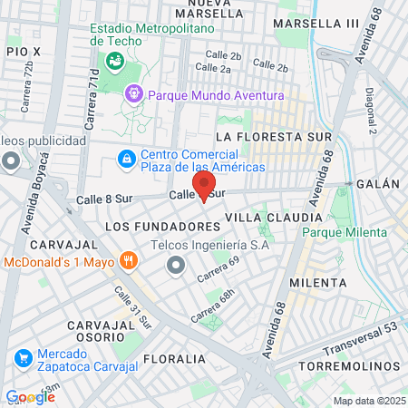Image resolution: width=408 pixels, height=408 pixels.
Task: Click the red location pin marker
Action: (x=204, y=192)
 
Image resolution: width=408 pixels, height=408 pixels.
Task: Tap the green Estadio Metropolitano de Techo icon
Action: (x=115, y=62)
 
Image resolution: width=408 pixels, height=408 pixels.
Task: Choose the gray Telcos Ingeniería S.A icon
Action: (x=175, y=264)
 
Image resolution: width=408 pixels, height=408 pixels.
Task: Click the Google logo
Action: (x=30, y=397)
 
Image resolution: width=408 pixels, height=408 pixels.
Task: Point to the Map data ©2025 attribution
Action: (x=368, y=401)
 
